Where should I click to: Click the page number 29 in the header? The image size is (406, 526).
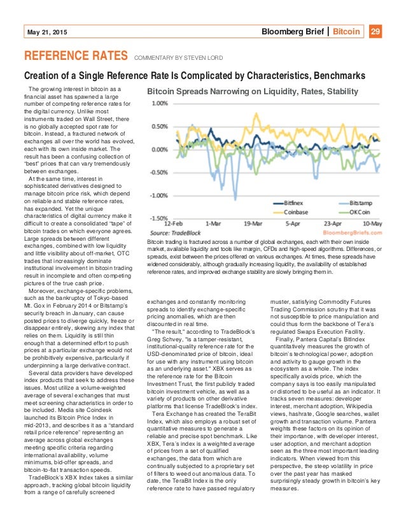375,31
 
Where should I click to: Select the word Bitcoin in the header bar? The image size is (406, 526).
347,31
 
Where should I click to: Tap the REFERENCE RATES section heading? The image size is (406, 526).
75,57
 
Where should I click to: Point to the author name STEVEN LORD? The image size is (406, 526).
206,59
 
